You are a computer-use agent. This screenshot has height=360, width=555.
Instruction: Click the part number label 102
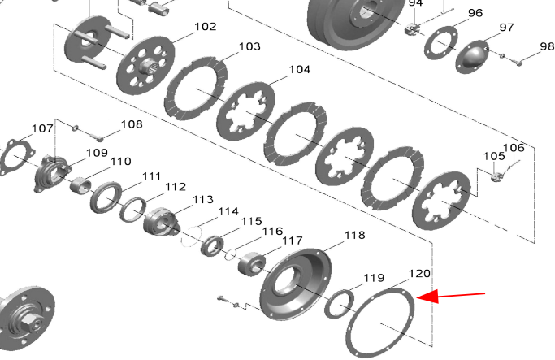[206, 27]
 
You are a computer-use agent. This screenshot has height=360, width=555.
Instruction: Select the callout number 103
[250, 46]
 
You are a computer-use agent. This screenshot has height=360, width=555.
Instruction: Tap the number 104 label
[300, 69]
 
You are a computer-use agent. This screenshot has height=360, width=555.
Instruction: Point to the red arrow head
[427, 297]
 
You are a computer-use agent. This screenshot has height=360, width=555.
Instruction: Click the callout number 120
[420, 274]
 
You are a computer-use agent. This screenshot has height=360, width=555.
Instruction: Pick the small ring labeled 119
[339, 304]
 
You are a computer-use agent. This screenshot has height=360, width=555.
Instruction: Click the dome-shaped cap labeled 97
[473, 57]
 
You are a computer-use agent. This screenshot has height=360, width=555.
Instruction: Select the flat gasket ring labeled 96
[440, 42]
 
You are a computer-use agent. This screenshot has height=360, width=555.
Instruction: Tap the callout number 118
[354, 235]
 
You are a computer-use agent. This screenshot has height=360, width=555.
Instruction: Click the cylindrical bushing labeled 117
[251, 264]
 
